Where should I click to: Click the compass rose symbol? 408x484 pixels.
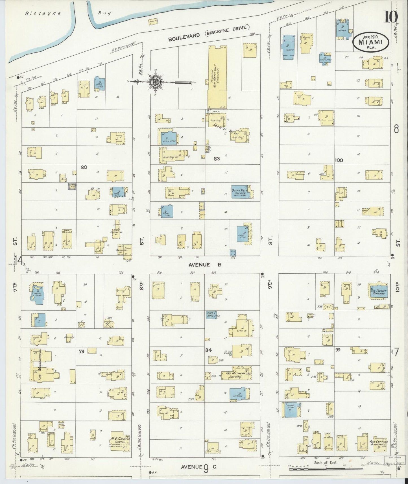coord(156,82)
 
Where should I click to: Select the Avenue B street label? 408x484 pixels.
coord(204,265)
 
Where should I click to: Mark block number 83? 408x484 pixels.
coord(217,159)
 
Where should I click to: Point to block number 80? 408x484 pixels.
coord(84,167)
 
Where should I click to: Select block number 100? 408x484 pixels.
coord(339,160)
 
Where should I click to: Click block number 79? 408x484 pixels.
coord(82,352)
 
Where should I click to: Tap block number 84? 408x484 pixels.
coord(208,350)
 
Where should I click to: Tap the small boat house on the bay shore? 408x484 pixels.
coord(153,22)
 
